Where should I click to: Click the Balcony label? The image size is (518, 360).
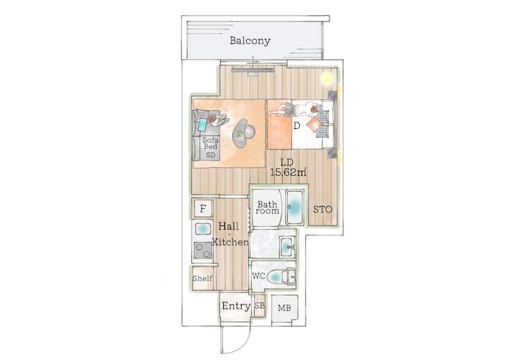(250, 40)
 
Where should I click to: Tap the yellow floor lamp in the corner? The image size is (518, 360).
(327, 78)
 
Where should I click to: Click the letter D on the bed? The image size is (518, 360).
(296, 125)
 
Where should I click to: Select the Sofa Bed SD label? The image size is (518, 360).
(210, 147)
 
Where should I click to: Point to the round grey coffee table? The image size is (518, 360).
(244, 132)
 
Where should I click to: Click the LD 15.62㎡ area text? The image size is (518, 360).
(288, 167)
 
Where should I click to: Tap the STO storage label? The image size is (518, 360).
(323, 210)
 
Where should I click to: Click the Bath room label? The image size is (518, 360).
(267, 207)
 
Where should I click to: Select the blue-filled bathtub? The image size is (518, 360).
(294, 207)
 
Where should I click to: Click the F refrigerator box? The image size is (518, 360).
(203, 209)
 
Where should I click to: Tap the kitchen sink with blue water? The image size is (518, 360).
(203, 228)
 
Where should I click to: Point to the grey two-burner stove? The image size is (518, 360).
(203, 251)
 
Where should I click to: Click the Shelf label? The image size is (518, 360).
(202, 278)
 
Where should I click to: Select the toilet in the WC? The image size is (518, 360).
(281, 276)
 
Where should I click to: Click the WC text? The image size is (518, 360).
(259, 276)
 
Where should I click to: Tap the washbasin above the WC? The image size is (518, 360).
(288, 247)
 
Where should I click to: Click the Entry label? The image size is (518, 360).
(236, 306)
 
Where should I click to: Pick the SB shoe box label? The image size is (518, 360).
(260, 306)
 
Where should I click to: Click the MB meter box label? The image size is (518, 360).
(284, 308)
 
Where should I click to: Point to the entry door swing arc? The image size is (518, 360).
(244, 344)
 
